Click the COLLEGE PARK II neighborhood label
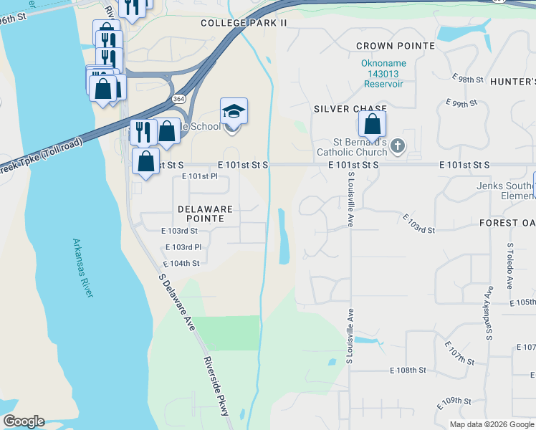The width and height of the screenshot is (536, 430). point(244,23)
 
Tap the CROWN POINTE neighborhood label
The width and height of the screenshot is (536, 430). point(396,46)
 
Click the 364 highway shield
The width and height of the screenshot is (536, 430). point(177,98)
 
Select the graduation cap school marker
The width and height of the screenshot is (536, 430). point(234,113)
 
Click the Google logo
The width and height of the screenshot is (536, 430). point(24,421)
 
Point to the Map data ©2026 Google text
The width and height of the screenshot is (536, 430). point(492,424)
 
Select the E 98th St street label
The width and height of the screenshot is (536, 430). point(469,78)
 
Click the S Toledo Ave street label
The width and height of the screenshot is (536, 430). point(510,265)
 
